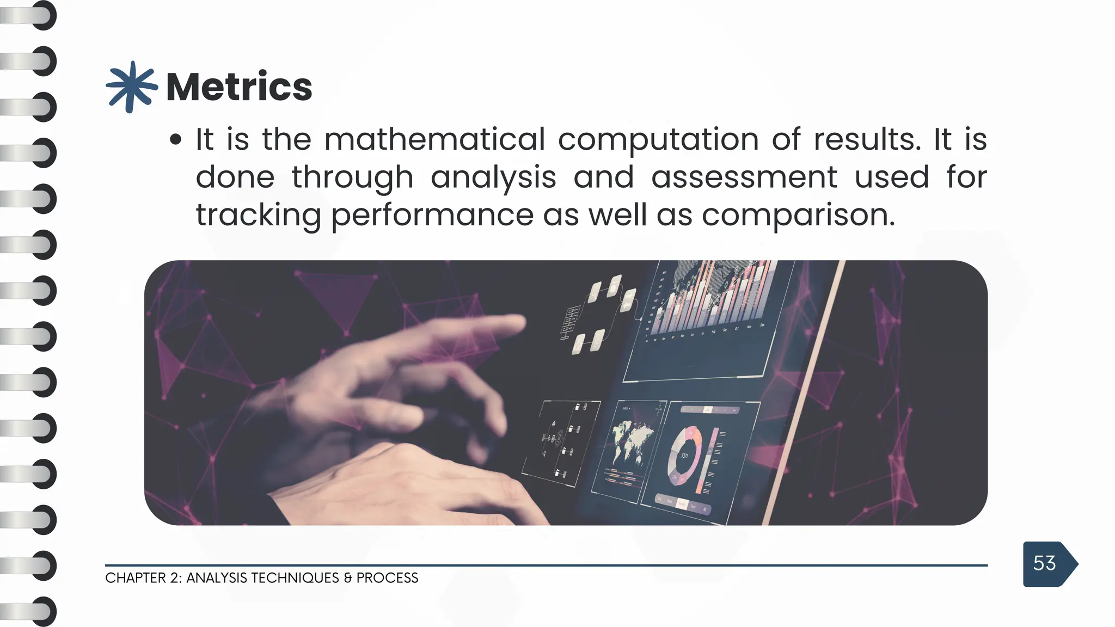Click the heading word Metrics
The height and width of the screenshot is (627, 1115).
238,87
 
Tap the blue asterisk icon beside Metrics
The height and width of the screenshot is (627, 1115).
131,87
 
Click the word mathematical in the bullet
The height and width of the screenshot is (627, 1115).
434,139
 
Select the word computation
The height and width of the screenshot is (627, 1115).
658,139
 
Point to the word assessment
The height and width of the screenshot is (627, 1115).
744,177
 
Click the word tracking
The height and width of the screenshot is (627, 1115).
258,216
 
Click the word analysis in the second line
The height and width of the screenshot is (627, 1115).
493,177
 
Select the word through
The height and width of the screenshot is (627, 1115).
352,177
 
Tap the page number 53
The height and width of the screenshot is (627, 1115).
1044,563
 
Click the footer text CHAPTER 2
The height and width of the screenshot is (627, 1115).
143,578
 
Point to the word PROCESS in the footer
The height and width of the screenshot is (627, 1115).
387,578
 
